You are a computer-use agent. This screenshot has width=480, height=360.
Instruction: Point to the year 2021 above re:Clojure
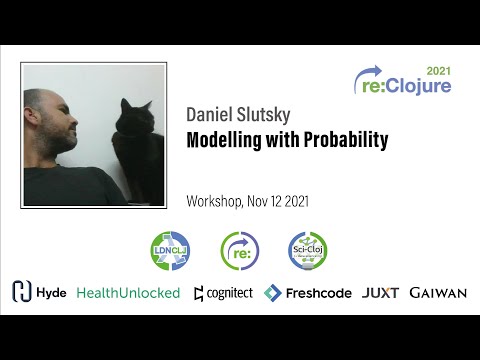coord(438,72)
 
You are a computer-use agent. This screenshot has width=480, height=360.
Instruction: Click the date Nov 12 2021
coord(281,201)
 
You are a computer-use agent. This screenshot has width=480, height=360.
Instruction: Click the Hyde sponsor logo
coord(39,292)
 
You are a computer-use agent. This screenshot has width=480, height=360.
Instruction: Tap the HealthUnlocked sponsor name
coord(128,292)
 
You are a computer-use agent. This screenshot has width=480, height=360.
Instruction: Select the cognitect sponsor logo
coord(223,292)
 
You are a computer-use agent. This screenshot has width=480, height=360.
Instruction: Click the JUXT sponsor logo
coord(381,292)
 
